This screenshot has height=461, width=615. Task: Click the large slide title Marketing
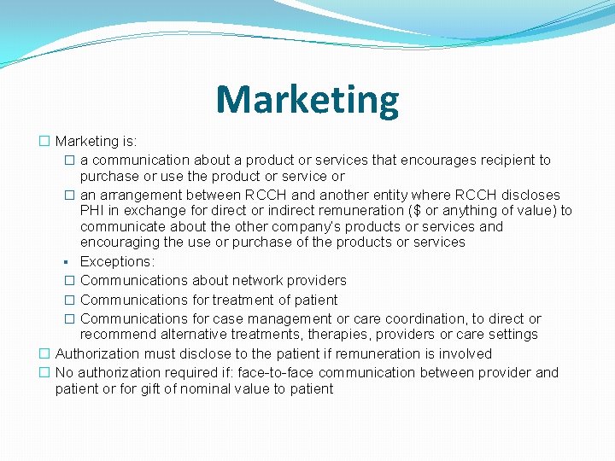coord(307,99)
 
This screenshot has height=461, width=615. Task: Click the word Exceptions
coord(116,261)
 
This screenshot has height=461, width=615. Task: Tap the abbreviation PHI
coord(93,210)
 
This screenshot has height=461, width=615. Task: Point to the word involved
coord(466,353)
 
